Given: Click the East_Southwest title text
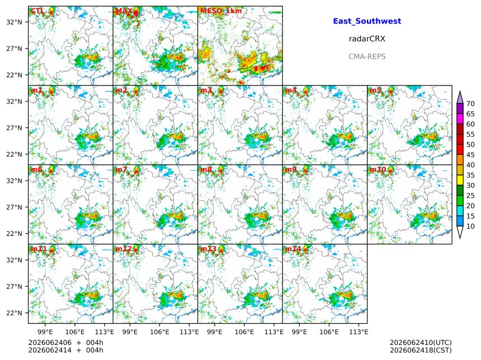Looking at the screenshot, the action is tap(367, 21).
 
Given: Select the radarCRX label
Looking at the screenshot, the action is tap(367, 39).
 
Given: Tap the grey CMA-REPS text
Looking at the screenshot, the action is tap(367, 56).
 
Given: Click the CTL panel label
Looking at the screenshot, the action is tap(37, 11).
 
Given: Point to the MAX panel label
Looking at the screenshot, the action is tap(124, 11).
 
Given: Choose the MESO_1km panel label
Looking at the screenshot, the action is tap(221, 11).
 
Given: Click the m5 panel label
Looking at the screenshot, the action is tap(375, 90).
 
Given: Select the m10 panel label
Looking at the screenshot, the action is tap(378, 169).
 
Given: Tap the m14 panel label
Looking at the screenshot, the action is tap(293, 249).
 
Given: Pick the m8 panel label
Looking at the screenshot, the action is tap(206, 169).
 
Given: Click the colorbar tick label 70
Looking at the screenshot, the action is tap(470, 103).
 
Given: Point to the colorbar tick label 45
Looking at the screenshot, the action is tap(470, 155).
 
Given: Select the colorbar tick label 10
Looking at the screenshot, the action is tap(470, 226).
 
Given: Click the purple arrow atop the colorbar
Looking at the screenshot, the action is tap(460, 97).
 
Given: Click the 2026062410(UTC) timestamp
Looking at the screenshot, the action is tap(421, 343).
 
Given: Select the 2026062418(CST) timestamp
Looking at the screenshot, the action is tap(421, 350).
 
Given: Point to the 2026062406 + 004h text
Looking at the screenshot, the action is tap(65, 343).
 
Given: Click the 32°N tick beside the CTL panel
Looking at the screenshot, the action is tap(14, 22).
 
